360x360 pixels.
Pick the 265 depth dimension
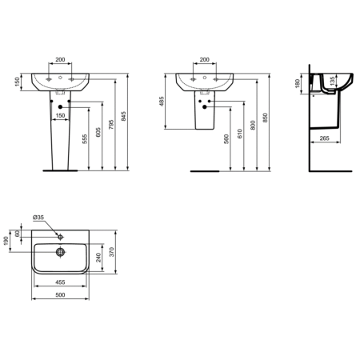(324, 137)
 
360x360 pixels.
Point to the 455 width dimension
(60, 282)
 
